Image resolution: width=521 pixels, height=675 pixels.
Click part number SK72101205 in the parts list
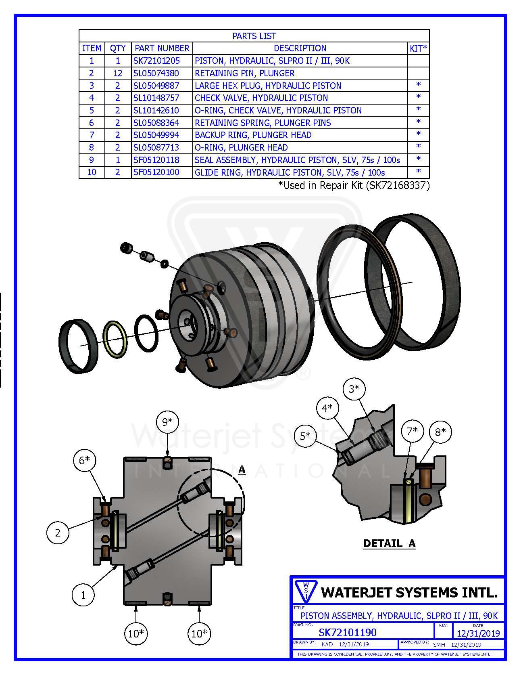(157, 61)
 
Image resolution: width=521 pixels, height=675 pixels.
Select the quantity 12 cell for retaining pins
(118, 73)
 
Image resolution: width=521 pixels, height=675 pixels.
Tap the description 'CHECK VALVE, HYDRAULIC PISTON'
(261, 98)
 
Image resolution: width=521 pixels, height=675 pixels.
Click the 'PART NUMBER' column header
(162, 48)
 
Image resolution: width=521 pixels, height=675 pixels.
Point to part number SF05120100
(156, 172)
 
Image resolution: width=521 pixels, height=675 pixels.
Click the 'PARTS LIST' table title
(254, 36)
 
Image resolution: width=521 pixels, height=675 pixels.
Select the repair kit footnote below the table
(354, 185)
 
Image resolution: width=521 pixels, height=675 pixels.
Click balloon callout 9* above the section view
(167, 422)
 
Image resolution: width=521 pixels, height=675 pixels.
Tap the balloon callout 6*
(84, 460)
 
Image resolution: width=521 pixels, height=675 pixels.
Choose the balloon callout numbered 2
(58, 532)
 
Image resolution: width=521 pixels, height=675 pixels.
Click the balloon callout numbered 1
(83, 595)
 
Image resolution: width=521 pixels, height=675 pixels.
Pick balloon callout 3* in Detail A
(354, 389)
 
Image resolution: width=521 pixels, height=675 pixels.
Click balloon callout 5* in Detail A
(305, 436)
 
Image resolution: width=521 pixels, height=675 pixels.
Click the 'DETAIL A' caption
(389, 543)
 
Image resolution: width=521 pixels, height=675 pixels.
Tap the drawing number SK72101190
(348, 632)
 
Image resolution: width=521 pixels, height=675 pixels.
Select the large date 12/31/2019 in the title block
(478, 633)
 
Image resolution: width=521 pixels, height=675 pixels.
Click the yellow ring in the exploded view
(116, 339)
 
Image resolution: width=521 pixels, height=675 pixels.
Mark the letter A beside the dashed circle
(242, 470)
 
